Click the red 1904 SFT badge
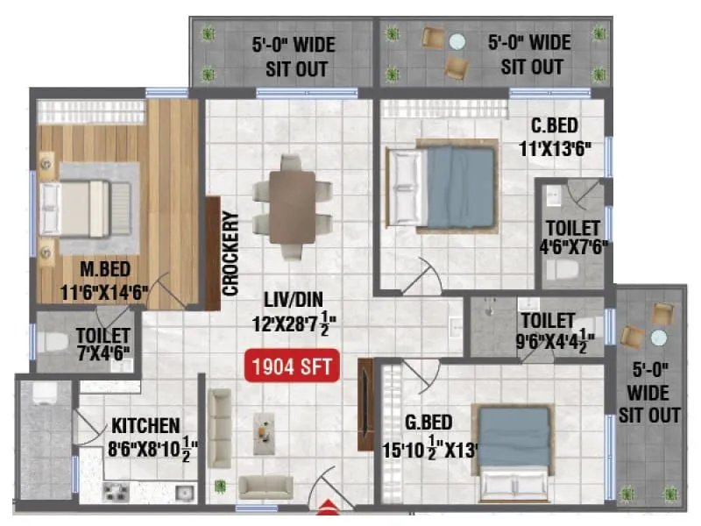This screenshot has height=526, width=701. point(293,366)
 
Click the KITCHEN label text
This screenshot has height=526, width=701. point(145,427)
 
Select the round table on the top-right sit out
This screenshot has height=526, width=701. point(457,41)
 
